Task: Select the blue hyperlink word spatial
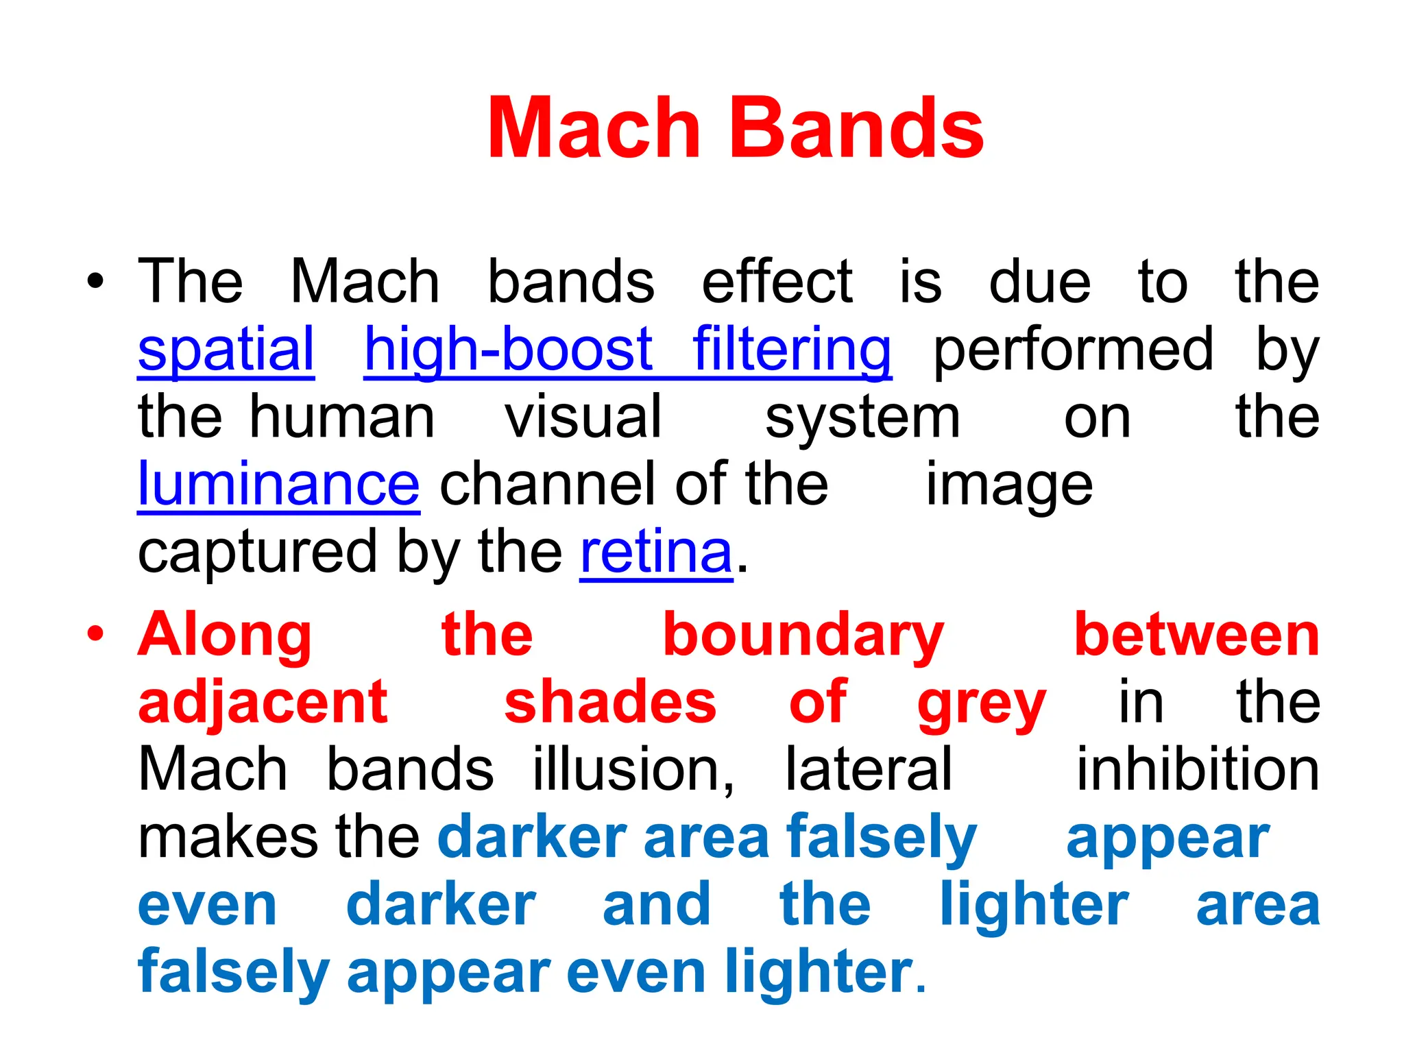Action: pyautogui.click(x=226, y=350)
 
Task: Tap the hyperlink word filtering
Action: pyautogui.click(x=792, y=350)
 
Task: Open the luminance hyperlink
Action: pyautogui.click(x=278, y=485)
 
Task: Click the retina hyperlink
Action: pyautogui.click(x=656, y=553)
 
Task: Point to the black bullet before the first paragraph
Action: pyautogui.click(x=96, y=281)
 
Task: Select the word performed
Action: pyautogui.click(x=1074, y=350)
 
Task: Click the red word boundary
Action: pyautogui.click(x=803, y=635)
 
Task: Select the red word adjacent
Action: pyautogui.click(x=263, y=703)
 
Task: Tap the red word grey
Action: pyautogui.click(x=982, y=704)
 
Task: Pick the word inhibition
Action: pyautogui.click(x=1198, y=770)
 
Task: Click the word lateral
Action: pyautogui.click(x=869, y=770)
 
